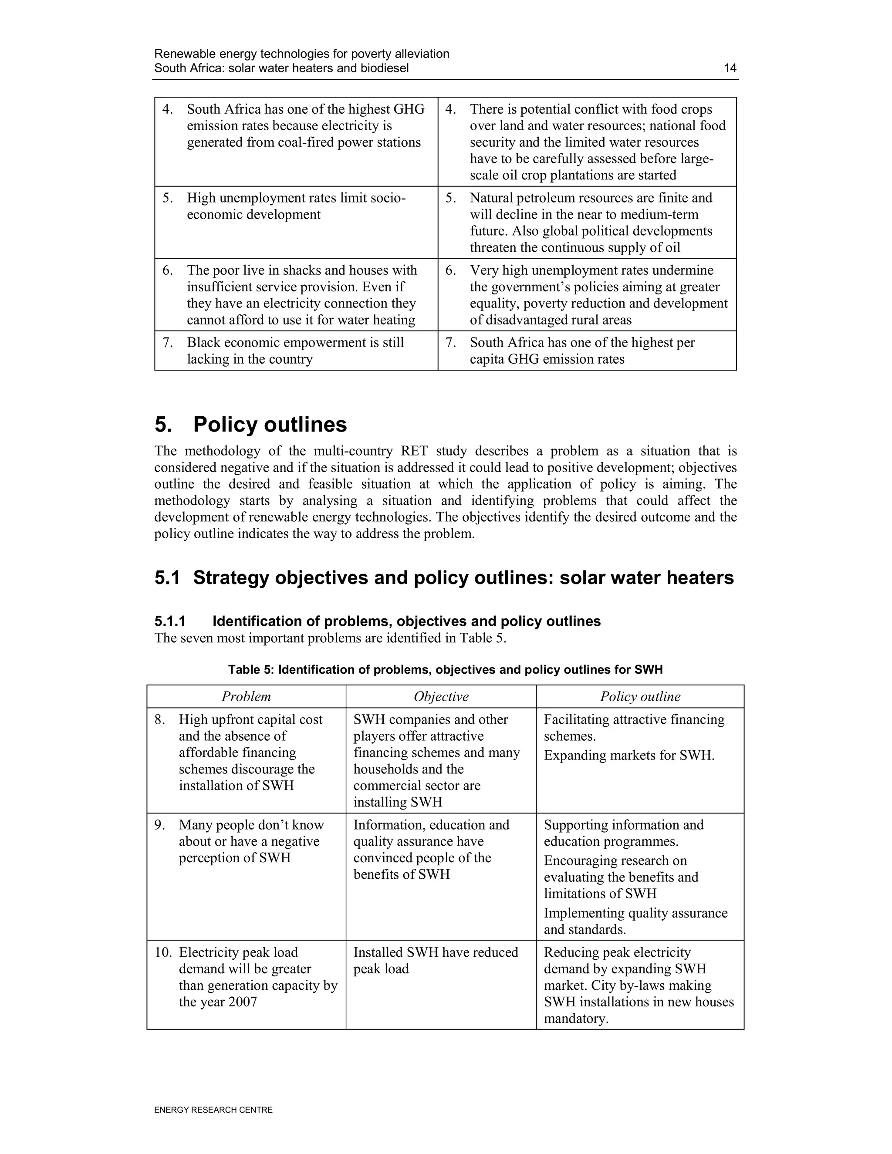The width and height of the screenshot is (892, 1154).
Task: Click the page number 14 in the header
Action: click(x=730, y=68)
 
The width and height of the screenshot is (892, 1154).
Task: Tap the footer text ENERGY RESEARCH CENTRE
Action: click(x=213, y=1110)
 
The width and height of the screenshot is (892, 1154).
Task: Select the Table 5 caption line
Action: click(x=445, y=669)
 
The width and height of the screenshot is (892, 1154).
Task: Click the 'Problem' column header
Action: click(x=246, y=696)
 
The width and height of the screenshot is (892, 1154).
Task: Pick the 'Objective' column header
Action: click(x=441, y=696)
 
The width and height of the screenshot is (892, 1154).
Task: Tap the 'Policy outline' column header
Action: click(x=640, y=696)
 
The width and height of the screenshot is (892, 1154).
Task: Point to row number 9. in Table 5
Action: click(x=159, y=825)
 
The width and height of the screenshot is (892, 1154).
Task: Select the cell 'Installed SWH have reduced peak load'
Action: click(x=436, y=960)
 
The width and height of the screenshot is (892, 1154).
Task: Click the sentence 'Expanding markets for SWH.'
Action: click(x=629, y=756)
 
